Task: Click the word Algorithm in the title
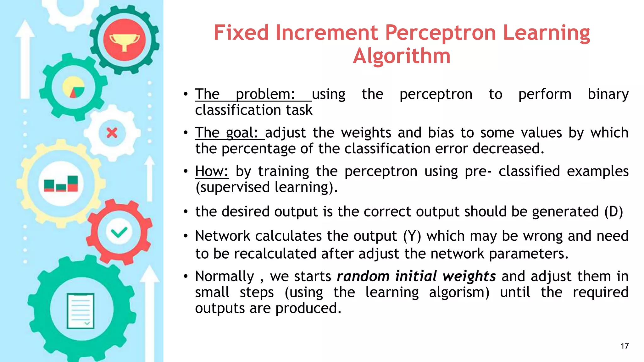click(x=402, y=56)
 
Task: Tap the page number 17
click(x=625, y=346)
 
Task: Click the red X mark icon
click(x=112, y=133)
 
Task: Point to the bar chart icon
click(x=61, y=184)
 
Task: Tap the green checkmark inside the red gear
click(x=119, y=233)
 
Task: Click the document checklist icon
click(x=80, y=311)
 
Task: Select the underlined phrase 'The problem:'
click(x=245, y=94)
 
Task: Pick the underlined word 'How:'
click(x=212, y=171)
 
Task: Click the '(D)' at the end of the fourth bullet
click(x=613, y=211)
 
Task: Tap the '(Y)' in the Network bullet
click(x=412, y=236)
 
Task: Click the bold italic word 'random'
click(x=363, y=277)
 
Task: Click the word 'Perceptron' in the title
click(x=441, y=33)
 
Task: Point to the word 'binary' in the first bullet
click(x=608, y=94)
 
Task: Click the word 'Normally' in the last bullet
click(x=224, y=277)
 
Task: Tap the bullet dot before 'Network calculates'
click(x=186, y=236)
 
